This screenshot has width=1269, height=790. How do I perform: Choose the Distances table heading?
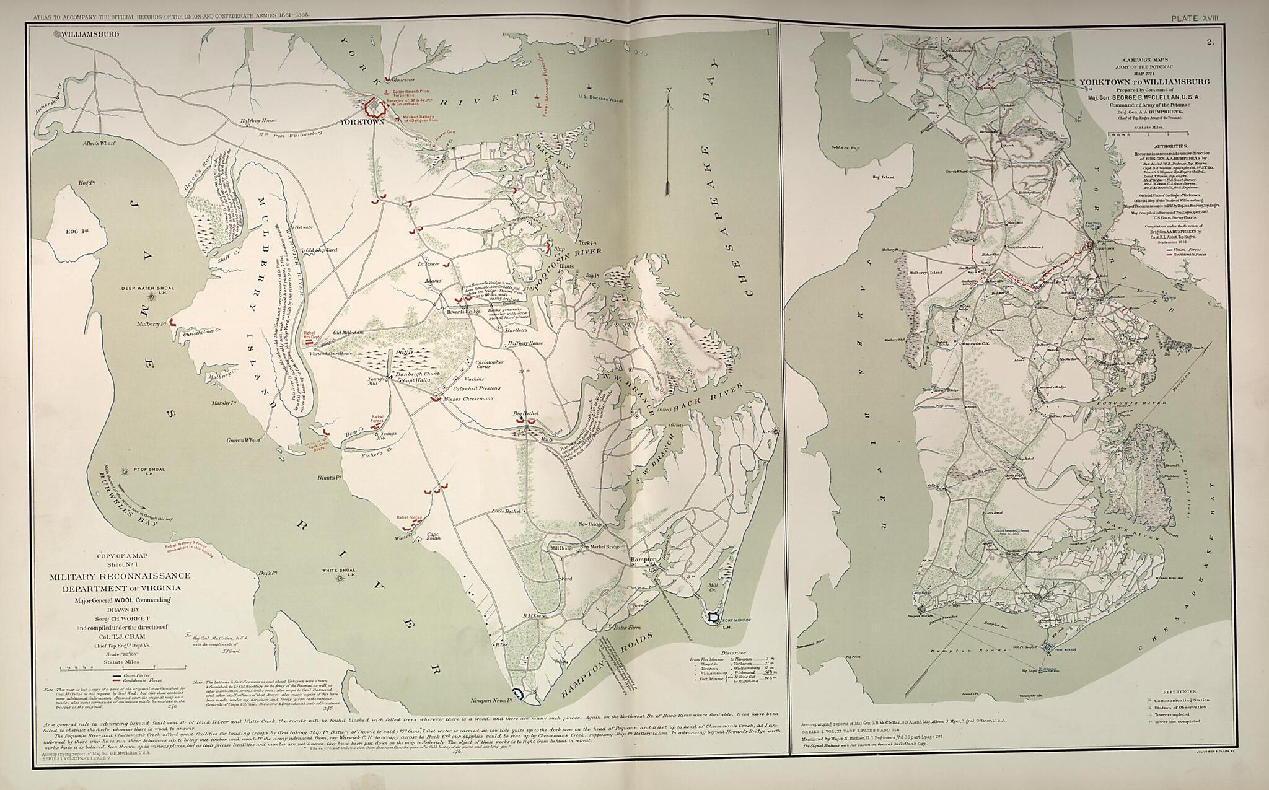[734, 652]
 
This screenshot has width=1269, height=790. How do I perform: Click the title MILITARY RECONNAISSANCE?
[120, 576]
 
